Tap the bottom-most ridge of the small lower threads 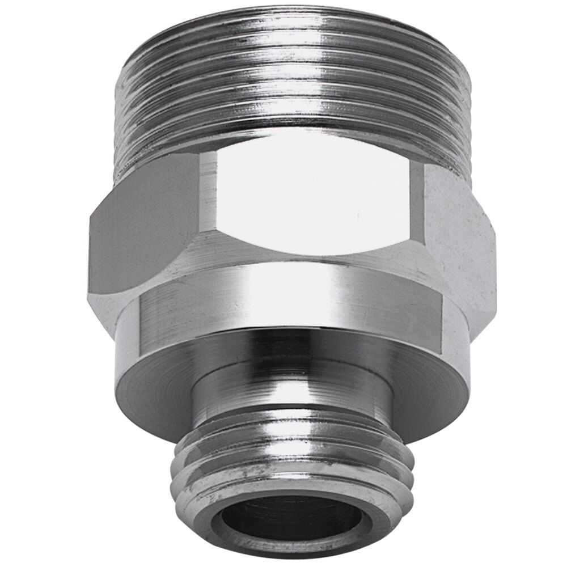click(x=292, y=482)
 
